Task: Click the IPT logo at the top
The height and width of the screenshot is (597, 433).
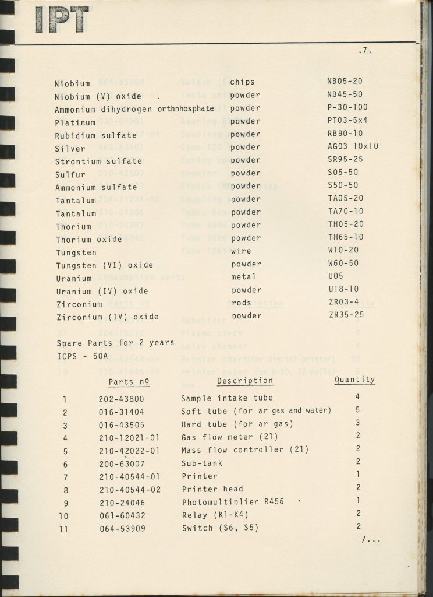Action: [x=62, y=19]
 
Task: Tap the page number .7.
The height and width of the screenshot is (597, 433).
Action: [x=365, y=51]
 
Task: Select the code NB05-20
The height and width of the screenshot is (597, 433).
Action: [x=345, y=81]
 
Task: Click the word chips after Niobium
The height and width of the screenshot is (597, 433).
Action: [x=242, y=82]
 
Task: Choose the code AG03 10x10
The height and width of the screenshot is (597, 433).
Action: [x=353, y=146]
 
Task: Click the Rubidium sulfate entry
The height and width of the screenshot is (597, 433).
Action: [x=96, y=135]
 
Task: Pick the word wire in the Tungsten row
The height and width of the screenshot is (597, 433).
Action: [x=241, y=251]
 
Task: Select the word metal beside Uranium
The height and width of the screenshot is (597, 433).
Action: [x=243, y=276]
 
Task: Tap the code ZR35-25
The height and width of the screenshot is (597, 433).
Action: [x=346, y=315]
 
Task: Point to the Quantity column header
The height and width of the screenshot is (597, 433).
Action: [x=354, y=380]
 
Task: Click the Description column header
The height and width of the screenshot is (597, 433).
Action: [x=244, y=381]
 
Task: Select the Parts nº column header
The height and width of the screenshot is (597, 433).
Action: [x=129, y=382]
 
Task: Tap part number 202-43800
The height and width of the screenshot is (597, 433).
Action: [x=121, y=399]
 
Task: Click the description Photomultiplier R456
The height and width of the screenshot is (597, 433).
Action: [x=233, y=502]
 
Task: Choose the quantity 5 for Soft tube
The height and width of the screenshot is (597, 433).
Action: [x=358, y=410]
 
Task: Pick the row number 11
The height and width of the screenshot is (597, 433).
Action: [x=63, y=529]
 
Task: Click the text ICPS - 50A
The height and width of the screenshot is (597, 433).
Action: [x=82, y=356]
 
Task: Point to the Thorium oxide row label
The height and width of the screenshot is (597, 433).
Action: [x=89, y=239]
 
